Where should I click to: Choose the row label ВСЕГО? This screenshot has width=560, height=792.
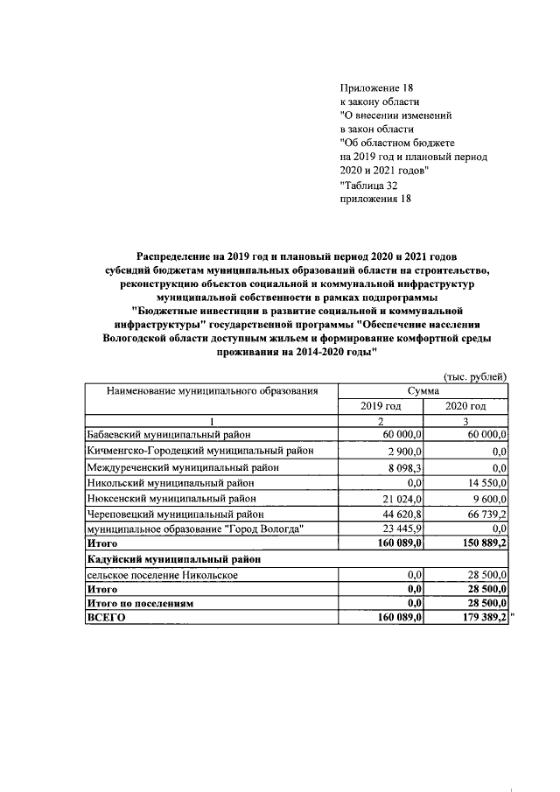point(106,618)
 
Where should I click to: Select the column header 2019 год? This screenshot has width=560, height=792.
point(381,406)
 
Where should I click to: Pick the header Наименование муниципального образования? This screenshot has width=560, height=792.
point(210,391)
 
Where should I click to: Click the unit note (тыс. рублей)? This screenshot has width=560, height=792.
point(476,376)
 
